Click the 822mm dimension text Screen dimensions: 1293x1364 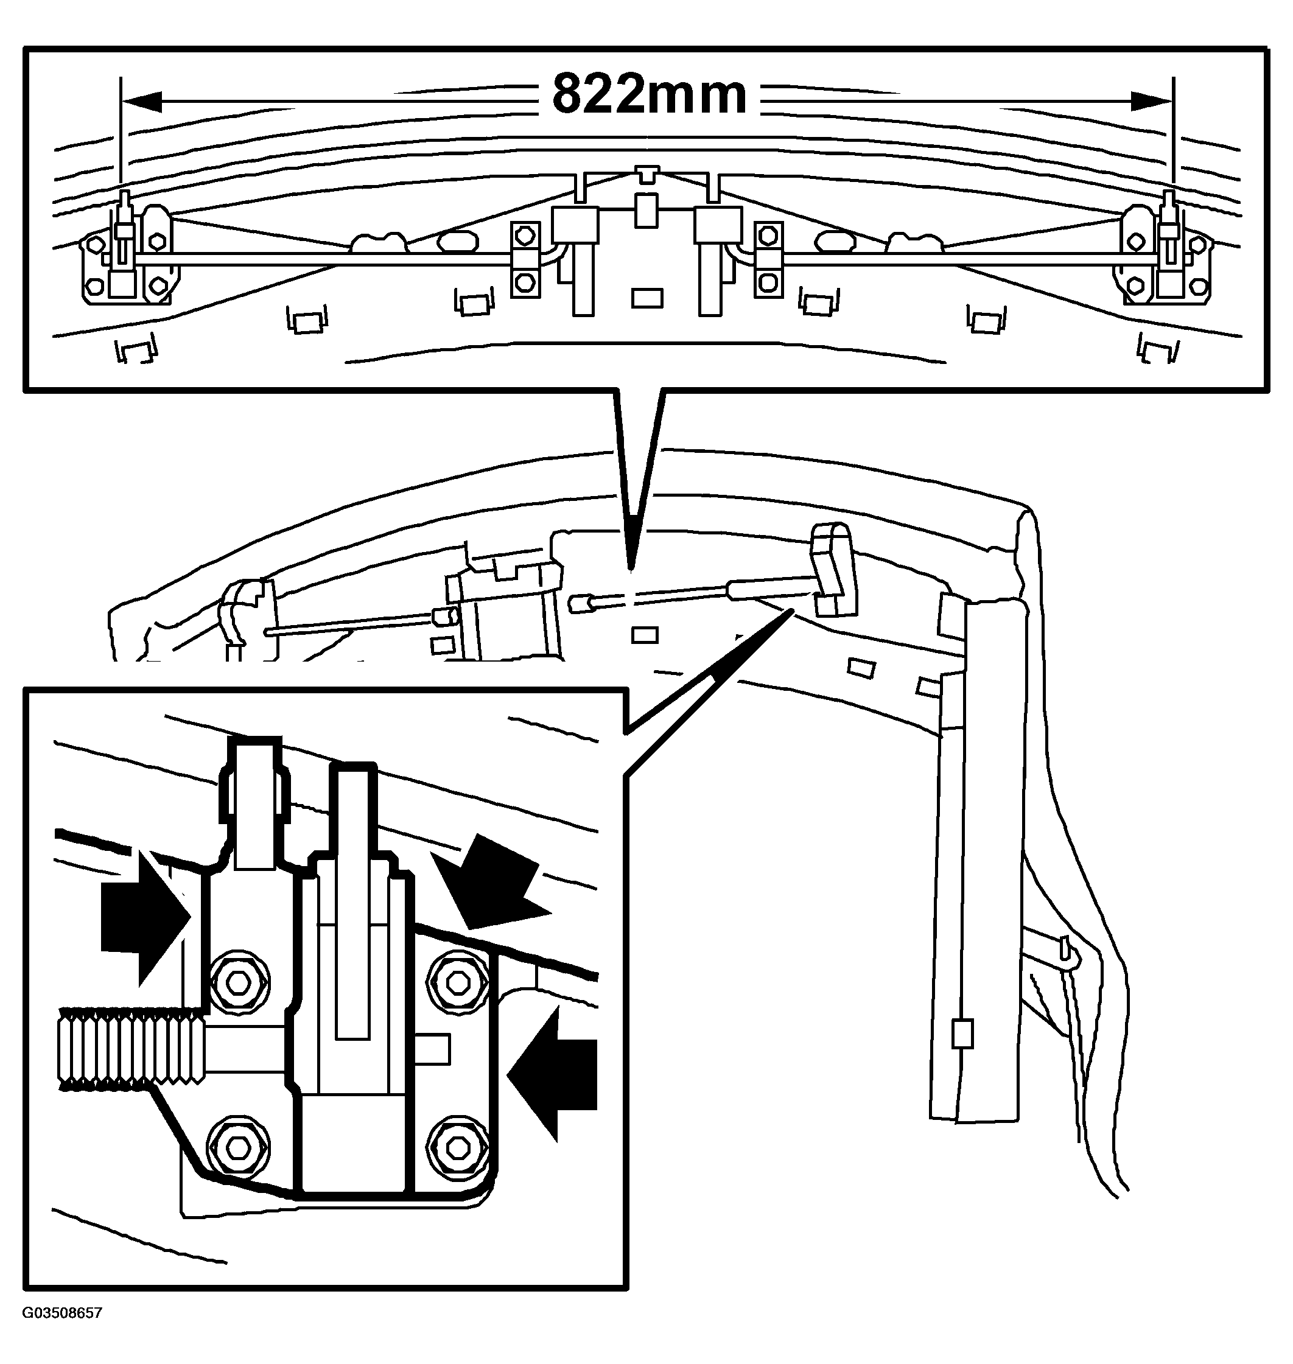coord(650,94)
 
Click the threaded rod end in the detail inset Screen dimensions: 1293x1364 coord(131,1047)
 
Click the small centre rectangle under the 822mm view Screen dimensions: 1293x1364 coord(647,298)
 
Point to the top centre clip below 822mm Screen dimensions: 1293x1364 coord(646,174)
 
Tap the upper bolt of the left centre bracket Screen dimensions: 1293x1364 coord(525,236)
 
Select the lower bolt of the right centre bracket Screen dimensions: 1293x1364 coord(768,282)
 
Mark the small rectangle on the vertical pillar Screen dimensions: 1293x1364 coord(962,1033)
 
